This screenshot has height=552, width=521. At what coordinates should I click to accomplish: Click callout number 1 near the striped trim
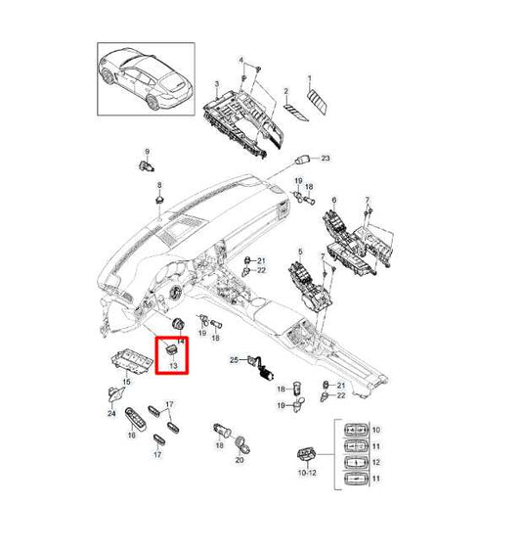click(x=311, y=78)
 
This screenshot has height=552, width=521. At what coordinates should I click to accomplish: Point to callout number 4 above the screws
click(x=242, y=61)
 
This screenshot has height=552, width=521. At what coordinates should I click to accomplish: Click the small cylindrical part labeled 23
click(x=308, y=158)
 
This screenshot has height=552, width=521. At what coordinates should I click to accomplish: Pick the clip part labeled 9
click(x=150, y=167)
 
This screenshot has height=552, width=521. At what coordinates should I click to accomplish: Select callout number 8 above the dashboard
click(x=158, y=185)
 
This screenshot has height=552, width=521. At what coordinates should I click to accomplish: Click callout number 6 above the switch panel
click(x=335, y=201)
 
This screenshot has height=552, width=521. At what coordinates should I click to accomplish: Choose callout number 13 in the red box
click(x=175, y=366)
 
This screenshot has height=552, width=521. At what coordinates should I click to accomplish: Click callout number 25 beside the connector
click(x=234, y=361)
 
